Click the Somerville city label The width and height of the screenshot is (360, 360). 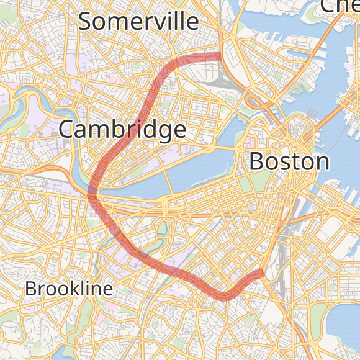pos(138,22)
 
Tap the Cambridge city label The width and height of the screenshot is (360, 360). pos(122,130)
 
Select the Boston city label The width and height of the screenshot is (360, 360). pos(289,162)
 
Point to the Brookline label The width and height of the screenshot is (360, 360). pos(69,289)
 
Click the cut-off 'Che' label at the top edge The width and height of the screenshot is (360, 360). pos(339,6)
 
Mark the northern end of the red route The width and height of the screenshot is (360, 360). pos(220,56)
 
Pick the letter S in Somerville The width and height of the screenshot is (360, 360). pos(86,22)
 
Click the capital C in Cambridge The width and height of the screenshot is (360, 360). pos(67,130)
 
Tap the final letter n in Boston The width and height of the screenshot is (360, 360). pos(322,163)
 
